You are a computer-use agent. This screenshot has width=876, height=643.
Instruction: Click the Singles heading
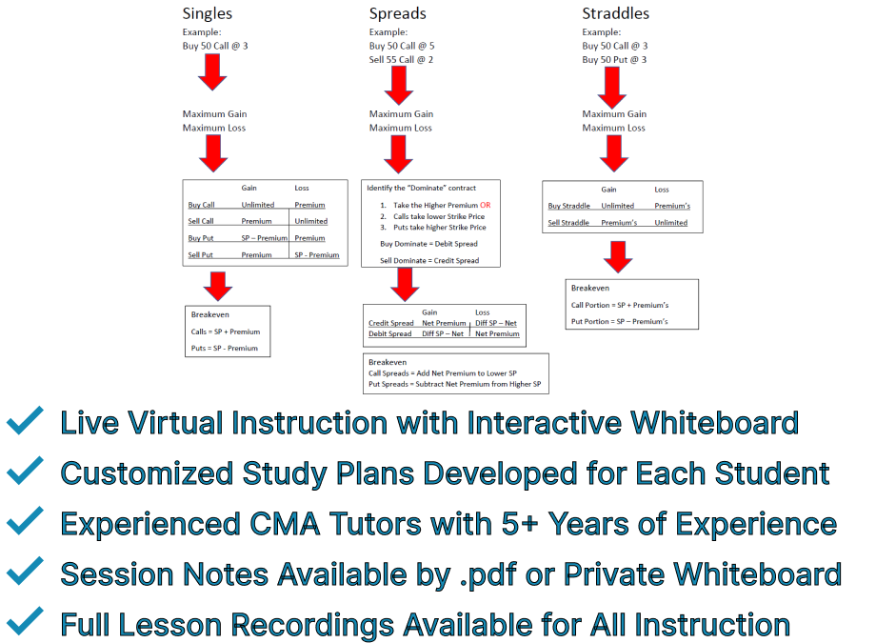(x=208, y=14)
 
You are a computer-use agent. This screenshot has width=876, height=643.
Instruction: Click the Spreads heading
(x=398, y=14)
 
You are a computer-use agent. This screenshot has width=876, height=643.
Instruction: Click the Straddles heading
(x=616, y=14)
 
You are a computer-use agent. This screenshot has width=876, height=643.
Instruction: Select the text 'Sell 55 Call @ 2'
(x=402, y=59)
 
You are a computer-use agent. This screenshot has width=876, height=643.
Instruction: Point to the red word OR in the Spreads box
(x=486, y=205)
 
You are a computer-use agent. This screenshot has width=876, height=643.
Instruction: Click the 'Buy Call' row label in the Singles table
(x=202, y=205)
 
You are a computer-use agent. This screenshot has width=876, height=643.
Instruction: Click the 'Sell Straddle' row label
(x=571, y=223)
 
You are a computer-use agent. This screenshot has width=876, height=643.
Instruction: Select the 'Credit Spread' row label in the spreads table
(x=391, y=324)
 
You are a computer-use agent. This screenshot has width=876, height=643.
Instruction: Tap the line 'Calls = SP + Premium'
(x=226, y=332)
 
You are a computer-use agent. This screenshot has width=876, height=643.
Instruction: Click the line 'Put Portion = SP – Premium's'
(x=620, y=321)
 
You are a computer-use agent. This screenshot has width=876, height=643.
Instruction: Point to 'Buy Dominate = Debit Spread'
(x=429, y=244)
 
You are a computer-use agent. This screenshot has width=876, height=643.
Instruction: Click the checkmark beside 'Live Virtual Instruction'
(x=26, y=421)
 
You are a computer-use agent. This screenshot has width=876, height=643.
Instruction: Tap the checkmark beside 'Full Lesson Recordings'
(x=26, y=624)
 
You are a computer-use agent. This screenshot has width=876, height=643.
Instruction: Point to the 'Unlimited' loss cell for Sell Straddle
(x=671, y=223)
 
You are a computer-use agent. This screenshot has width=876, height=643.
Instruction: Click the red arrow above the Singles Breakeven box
(x=218, y=285)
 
